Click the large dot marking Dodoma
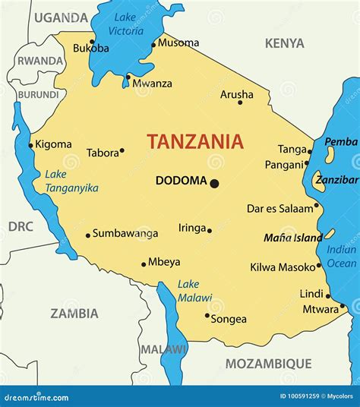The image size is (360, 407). point(215,183)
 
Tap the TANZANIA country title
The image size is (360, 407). point(195,141)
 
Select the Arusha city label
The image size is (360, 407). point(236,95)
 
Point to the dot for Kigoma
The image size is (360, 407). point(31,145)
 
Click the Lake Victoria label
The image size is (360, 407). point(126,24)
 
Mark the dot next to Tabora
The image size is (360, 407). point(122,151)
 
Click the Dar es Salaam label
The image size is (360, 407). point(279,208)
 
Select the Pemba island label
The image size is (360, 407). point(340,142)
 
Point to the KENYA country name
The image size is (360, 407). point(284,44)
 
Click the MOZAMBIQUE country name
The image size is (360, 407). point(268,363)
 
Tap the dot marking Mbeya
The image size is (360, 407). point(144,264)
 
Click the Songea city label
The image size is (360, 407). point(229,319)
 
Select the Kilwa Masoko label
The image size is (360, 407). point(282,267)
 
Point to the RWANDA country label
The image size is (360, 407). point(40,61)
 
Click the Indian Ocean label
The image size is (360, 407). point(341,257)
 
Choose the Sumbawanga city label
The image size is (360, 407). point(125,233)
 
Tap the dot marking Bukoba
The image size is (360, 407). point(92,42)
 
